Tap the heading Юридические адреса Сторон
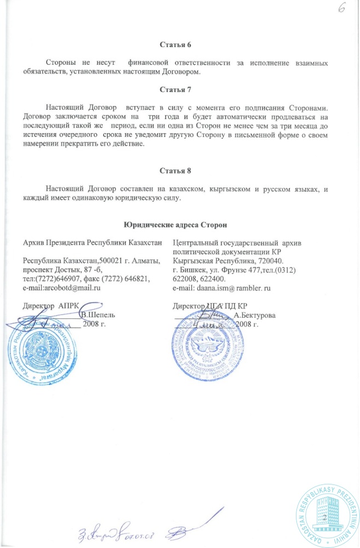click(x=175, y=225)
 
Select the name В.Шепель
click(x=97, y=315)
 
